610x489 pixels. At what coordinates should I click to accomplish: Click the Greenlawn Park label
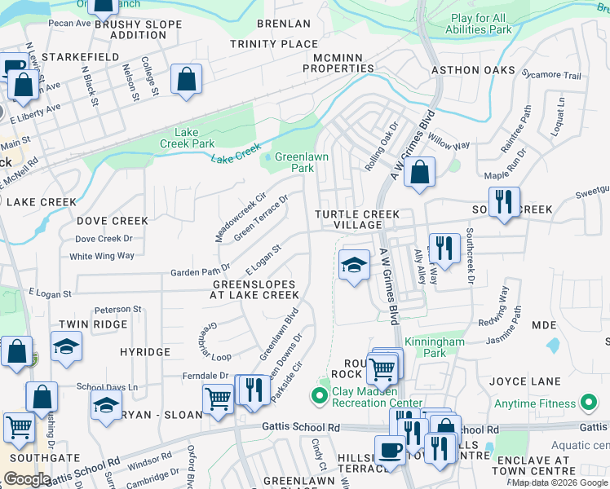click(294, 162)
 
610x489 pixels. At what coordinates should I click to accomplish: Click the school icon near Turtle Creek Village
click(353, 265)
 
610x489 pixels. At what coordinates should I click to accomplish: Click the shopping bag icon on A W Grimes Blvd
click(419, 172)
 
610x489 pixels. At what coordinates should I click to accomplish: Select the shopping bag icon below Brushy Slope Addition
click(187, 79)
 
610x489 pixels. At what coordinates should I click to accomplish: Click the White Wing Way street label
click(102, 256)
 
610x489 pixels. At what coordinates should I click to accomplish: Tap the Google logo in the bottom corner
click(27, 478)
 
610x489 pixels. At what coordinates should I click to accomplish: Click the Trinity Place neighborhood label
click(273, 43)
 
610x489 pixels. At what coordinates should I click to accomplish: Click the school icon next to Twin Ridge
click(67, 346)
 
